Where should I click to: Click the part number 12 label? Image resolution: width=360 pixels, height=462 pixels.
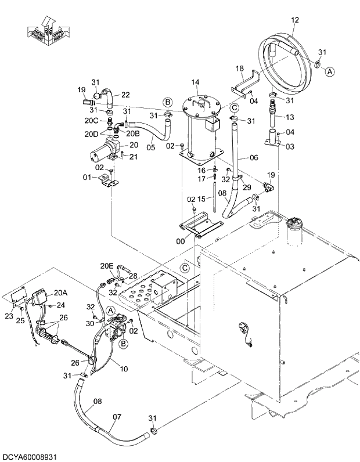[x=294, y=20]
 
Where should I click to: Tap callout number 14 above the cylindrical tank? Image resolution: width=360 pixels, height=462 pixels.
[x=195, y=82]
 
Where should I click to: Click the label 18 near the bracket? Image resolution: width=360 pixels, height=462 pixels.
[x=239, y=68]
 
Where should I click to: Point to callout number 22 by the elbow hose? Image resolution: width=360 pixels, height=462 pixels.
[x=125, y=95]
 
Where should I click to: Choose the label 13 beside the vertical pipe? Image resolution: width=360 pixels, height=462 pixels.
[x=289, y=117]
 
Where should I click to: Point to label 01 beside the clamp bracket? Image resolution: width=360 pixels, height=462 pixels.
[x=87, y=176]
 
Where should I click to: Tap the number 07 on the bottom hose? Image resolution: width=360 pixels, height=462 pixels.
[x=117, y=416]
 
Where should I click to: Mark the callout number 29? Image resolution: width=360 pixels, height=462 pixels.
[x=247, y=187]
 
